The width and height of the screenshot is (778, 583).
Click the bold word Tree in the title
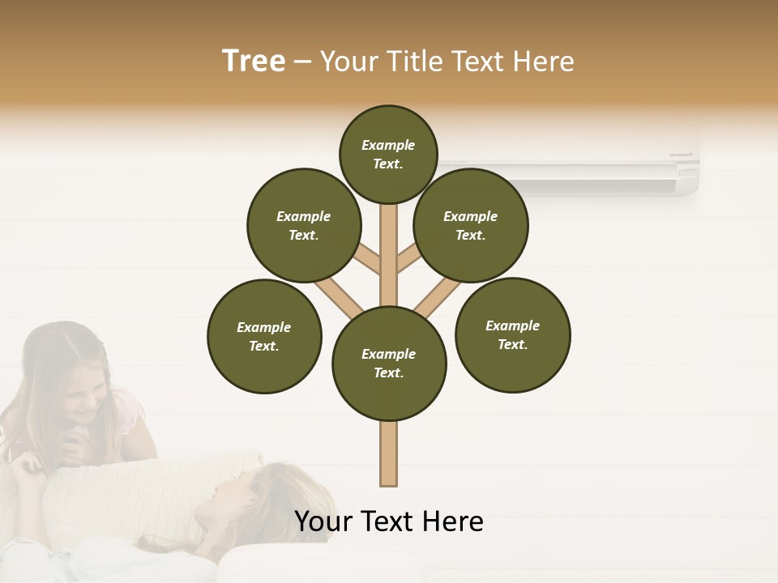tap(254, 61)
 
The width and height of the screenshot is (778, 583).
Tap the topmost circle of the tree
tap(388, 154)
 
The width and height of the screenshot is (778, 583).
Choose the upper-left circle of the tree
tap(303, 225)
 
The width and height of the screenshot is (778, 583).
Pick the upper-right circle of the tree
tap(471, 225)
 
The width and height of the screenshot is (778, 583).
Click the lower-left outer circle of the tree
tap(264, 336)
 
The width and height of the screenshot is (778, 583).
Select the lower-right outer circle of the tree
tap(512, 334)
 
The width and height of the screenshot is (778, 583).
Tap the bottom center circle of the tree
tap(389, 363)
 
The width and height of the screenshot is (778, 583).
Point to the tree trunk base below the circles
tap(389, 453)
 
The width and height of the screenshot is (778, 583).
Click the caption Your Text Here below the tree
tap(389, 521)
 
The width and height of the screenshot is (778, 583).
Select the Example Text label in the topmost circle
tap(388, 154)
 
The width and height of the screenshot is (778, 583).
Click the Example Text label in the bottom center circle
tap(389, 363)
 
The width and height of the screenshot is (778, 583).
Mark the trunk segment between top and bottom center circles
tap(389, 255)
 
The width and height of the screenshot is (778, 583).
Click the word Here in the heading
tap(543, 62)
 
